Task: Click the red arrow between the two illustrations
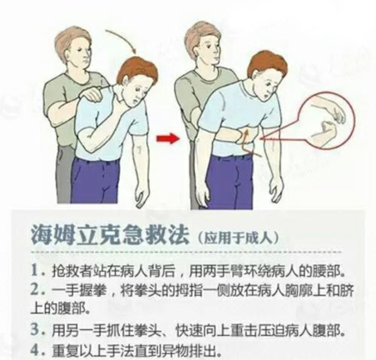pos(168,139)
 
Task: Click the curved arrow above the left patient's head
pos(122,40)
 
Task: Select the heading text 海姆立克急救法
pos(109,234)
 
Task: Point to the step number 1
pos(34,270)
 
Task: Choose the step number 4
pos(34,350)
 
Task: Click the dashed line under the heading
pos(186,252)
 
